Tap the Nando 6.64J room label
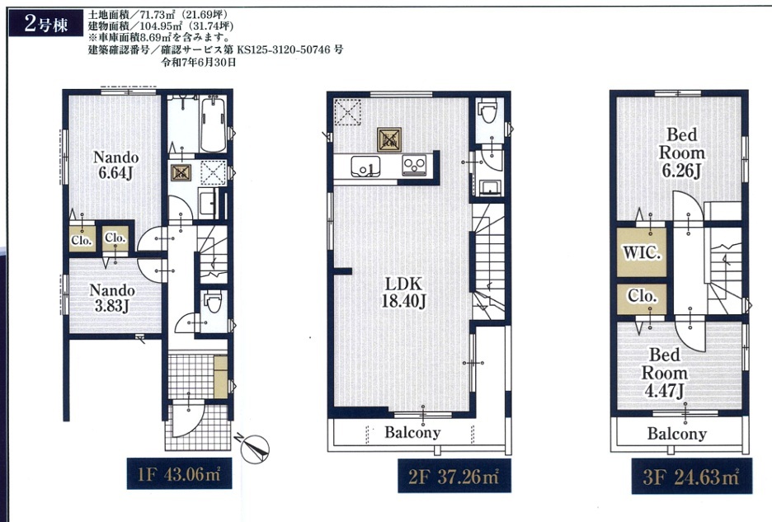(115, 166)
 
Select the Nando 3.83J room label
(112, 298)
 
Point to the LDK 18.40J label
(403, 292)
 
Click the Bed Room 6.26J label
(682, 153)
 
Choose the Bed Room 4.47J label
(664, 373)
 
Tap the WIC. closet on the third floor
(642, 252)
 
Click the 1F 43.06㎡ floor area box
(179, 473)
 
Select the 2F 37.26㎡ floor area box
(454, 476)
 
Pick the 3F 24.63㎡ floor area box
(692, 476)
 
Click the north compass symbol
(255, 447)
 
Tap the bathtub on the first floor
(213, 125)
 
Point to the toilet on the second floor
(488, 111)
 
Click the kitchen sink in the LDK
(365, 167)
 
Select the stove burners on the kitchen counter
(414, 165)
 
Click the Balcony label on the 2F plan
(412, 432)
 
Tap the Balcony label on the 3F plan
(677, 434)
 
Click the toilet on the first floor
(214, 301)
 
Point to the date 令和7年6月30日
(199, 62)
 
